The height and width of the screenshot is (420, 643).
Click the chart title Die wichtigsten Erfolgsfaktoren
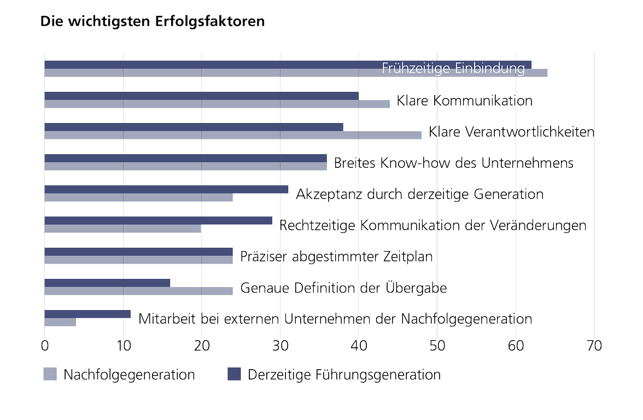point(153,22)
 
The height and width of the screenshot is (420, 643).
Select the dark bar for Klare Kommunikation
point(201,96)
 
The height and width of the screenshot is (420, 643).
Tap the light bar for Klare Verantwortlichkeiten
point(233,135)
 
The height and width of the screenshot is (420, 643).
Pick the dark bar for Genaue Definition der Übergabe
point(107,283)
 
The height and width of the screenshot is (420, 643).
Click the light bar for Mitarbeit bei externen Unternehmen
point(60,322)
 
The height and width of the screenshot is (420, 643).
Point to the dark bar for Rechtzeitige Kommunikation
point(158,220)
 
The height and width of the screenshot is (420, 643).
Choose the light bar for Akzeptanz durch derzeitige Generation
point(138,197)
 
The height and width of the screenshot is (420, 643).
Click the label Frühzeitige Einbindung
point(453,69)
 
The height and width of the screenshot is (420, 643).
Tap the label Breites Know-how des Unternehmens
point(453,163)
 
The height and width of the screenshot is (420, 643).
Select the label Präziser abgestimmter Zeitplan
point(336,256)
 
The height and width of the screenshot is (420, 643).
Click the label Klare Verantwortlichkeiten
point(511,132)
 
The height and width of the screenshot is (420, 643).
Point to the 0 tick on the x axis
point(45,346)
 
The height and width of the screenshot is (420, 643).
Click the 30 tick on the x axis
point(280,346)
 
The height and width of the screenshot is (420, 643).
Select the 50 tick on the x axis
point(437,346)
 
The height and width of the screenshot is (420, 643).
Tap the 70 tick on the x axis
point(594,346)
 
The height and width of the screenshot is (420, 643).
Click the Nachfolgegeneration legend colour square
point(50,375)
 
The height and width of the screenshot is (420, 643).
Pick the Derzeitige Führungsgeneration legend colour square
point(234,375)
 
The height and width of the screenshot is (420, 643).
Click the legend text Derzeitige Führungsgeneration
point(344,375)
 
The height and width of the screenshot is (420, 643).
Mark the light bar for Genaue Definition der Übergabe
point(138,291)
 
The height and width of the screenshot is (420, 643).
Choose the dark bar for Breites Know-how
point(185,158)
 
